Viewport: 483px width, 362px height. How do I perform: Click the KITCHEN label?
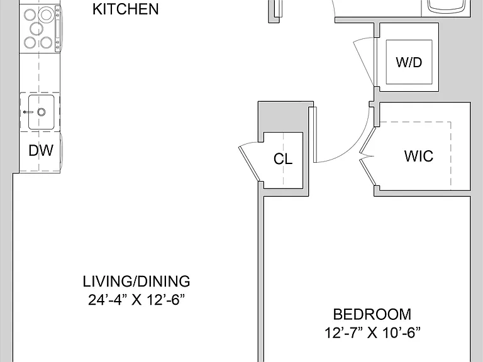[x=126, y=9]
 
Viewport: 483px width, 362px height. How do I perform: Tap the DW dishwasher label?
[x=41, y=151]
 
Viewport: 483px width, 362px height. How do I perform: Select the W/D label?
[x=409, y=62]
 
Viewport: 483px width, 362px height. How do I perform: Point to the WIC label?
[x=419, y=156]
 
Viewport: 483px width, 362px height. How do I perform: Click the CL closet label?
[x=283, y=159]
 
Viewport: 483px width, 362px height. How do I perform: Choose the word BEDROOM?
[x=372, y=314]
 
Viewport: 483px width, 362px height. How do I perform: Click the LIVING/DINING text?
[x=136, y=282]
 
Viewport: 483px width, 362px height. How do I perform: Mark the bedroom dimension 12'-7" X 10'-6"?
[x=372, y=332]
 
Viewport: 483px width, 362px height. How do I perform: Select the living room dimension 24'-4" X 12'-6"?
[x=136, y=300]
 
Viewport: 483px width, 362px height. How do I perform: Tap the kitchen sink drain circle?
[x=42, y=112]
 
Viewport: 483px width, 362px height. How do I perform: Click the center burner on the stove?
[x=36, y=29]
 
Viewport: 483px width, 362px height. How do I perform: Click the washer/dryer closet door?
[x=364, y=62]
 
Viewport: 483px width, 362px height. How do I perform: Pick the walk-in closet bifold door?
[x=368, y=156]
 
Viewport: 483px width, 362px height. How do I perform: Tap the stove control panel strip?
[x=58, y=29]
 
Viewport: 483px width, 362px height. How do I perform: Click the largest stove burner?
[x=46, y=14]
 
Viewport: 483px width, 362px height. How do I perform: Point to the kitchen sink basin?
[x=42, y=112]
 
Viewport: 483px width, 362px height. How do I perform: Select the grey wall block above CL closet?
[x=284, y=118]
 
